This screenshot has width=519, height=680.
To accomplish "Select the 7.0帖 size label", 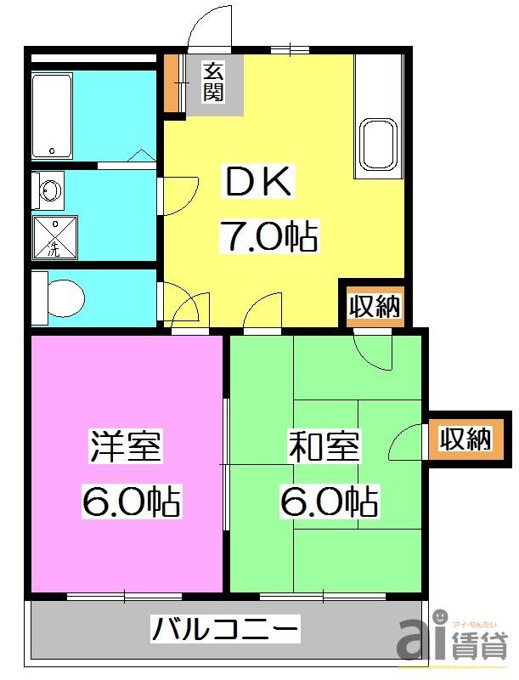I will point(268,236).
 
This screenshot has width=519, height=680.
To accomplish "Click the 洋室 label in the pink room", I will point(127,447).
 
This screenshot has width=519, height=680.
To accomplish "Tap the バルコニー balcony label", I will point(225,632).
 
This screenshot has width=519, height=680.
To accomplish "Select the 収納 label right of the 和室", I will point(465,439).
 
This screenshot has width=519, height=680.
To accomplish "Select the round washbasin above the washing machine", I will point(49,191).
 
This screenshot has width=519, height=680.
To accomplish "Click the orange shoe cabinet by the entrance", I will point(172,84).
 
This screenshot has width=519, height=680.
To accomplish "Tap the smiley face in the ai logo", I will point(441,617).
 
